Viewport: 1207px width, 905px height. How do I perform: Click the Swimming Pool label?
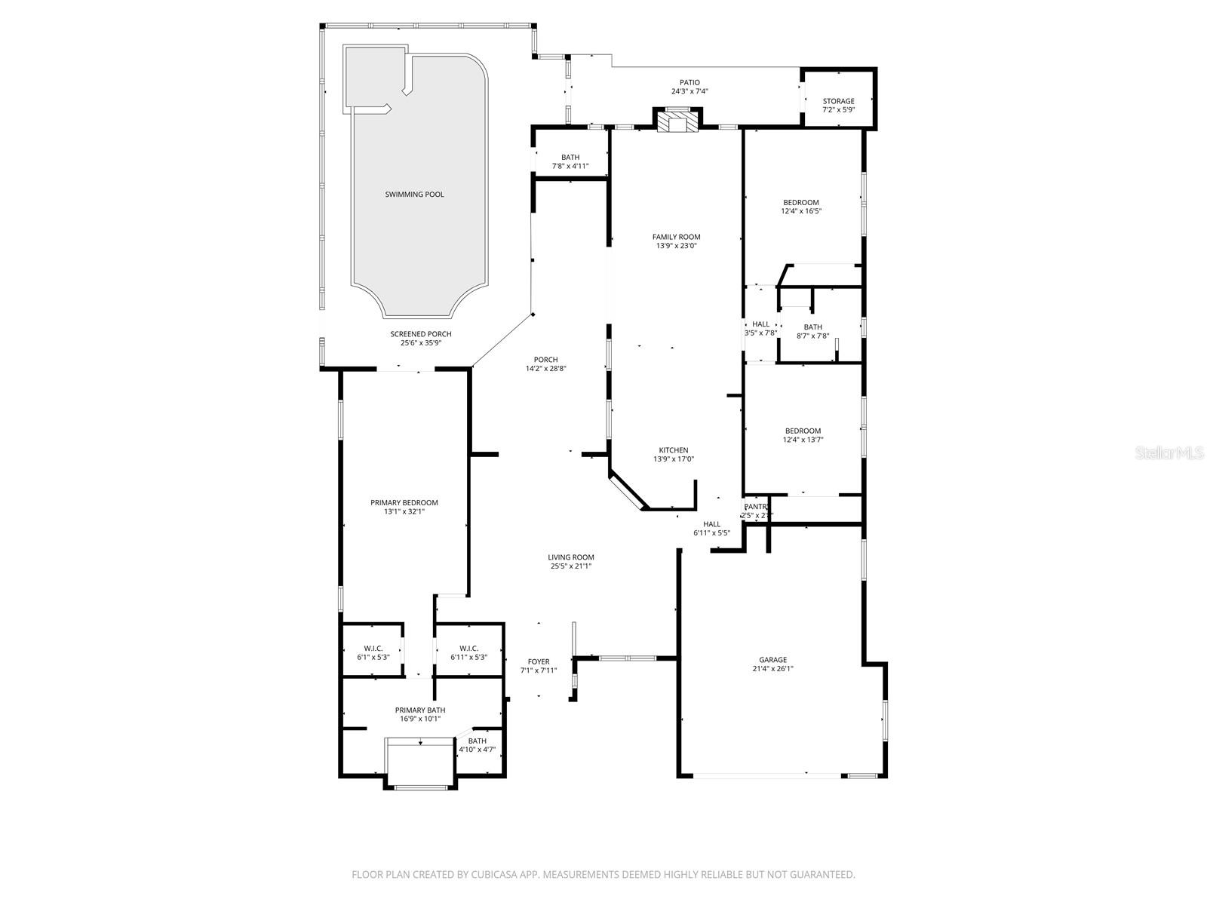414,195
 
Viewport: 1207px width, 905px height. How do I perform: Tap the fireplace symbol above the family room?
676,121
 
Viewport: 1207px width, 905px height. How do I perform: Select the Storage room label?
838,101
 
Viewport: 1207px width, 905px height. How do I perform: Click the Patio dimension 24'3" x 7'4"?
689,91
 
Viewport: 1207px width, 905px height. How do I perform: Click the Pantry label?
756,507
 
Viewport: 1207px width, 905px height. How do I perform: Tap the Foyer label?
539,661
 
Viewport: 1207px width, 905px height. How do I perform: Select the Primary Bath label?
420,710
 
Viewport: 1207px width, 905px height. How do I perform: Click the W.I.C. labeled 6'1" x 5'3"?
373,652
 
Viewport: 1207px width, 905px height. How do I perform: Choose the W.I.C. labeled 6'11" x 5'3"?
468,652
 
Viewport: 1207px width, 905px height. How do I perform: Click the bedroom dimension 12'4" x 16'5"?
801,211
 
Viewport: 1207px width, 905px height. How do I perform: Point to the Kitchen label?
673,450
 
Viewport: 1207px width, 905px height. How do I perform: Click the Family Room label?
676,237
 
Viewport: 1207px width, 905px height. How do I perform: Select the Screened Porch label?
420,334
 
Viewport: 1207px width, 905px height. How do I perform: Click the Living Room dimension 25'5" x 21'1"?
571,566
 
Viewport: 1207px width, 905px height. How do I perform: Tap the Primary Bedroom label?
404,502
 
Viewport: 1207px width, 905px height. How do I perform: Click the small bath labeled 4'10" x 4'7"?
477,745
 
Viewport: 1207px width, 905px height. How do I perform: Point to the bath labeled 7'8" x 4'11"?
570,161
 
